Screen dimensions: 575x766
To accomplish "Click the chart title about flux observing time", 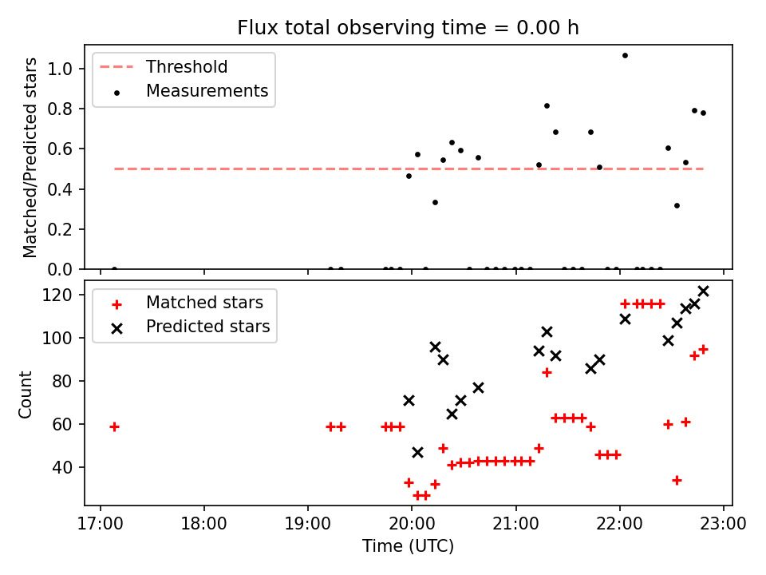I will pos(408,28).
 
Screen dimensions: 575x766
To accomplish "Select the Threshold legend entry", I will pos(186,67).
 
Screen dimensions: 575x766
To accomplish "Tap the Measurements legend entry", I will pos(207,91).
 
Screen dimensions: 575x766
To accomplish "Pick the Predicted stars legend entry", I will pos(207,327).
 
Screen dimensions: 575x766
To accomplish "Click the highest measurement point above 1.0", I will pos(625,55).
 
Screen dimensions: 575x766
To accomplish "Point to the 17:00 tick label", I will pos(100,525).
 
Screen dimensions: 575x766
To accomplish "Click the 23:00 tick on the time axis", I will pos(724,525).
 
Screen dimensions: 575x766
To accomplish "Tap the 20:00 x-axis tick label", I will pos(412,525).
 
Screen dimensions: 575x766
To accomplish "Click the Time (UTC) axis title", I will pos(408,546).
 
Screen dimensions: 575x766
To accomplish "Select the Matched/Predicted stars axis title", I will pos(30,157).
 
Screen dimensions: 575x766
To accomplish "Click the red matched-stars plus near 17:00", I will pos(114,426).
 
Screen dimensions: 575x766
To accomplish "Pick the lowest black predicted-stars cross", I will pos(417,452).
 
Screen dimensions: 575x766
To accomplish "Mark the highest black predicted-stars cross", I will pos(703,291).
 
